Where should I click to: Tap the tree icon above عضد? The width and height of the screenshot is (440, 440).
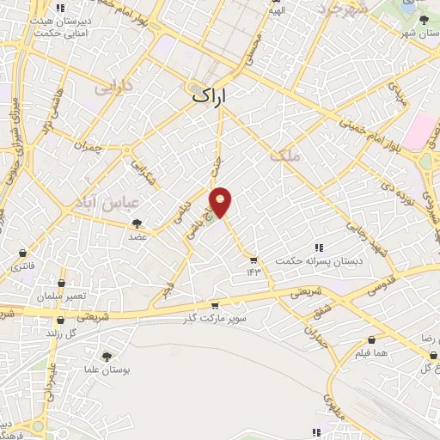[x=137, y=223]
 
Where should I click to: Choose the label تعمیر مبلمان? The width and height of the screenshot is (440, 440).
[x=61, y=296]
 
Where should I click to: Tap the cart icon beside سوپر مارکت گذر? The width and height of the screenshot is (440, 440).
[x=215, y=306]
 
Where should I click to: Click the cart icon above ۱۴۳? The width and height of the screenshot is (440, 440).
[x=254, y=260]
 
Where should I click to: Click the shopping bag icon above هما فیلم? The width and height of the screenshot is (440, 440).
[x=370, y=340]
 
